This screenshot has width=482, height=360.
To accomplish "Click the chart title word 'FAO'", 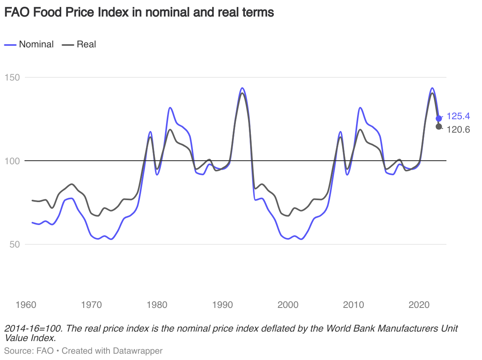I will (17, 12).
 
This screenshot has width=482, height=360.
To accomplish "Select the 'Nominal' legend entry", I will (36, 44).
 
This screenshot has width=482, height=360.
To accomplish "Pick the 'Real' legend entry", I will (86, 44).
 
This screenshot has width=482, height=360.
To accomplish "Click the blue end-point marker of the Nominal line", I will (439, 118).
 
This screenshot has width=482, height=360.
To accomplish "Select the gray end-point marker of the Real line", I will (439, 126).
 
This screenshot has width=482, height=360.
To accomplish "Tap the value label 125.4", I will (458, 116).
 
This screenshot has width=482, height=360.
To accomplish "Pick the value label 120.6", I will (458, 129).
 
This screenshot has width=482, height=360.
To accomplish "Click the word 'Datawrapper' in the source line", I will (137, 351).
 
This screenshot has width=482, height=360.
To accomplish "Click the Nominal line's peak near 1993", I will (242, 88).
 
